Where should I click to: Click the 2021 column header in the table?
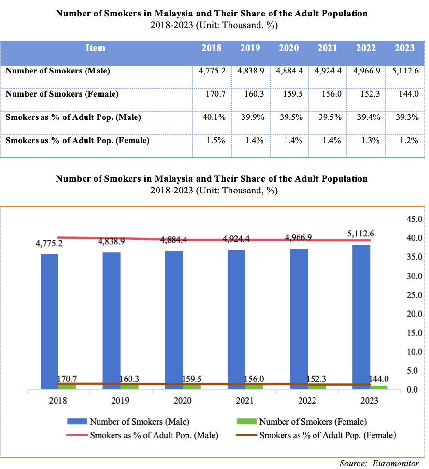click(327, 48)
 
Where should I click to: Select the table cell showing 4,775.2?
click(212, 71)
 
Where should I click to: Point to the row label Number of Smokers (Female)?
click(62, 94)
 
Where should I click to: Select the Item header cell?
click(95, 48)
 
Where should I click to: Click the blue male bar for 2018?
click(49, 322)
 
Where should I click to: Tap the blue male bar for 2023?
click(361, 317)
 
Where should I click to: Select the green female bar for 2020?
click(192, 387)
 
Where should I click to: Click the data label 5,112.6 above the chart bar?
click(360, 234)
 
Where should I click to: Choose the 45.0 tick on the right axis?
click(415, 219)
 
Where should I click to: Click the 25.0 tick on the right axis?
click(415, 295)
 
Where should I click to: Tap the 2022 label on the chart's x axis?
click(308, 401)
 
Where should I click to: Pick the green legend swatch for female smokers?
click(245, 422)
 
